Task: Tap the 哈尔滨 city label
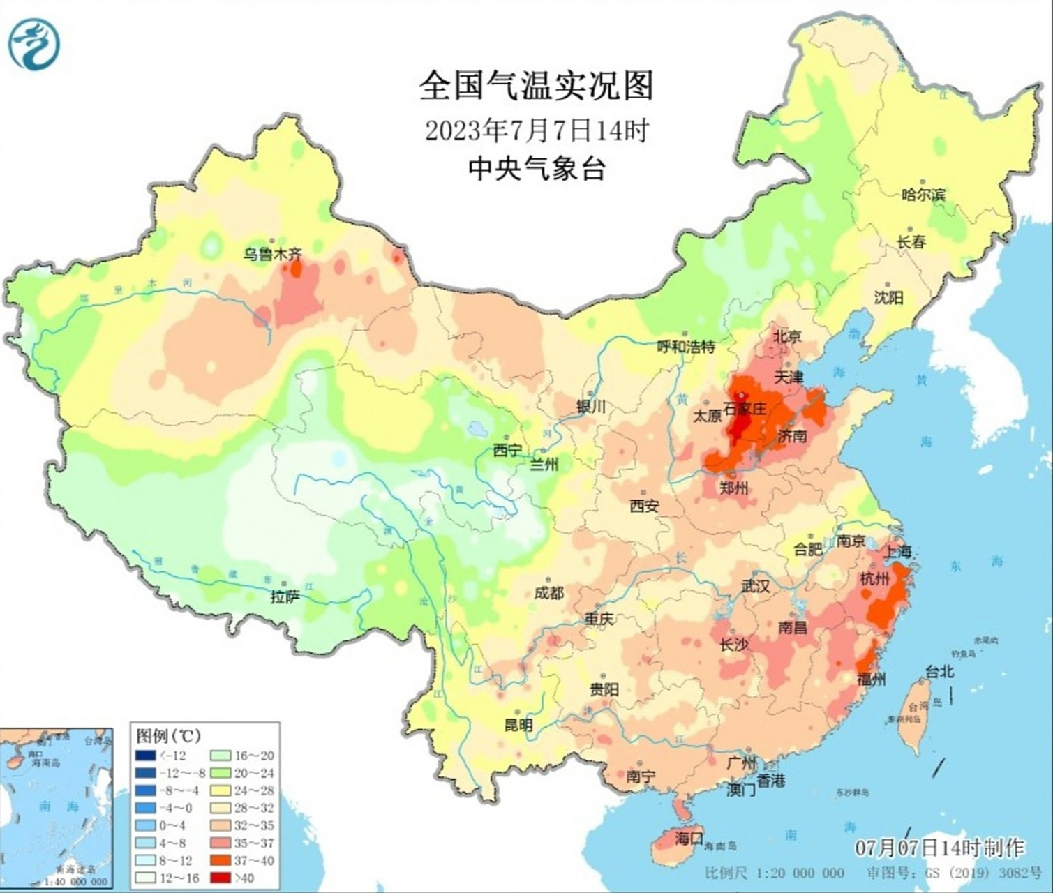tap(923, 195)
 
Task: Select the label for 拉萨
tap(285, 596)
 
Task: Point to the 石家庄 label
tap(745, 408)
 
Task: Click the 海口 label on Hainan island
tap(689, 839)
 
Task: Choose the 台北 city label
tap(939, 672)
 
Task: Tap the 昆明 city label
tap(518, 725)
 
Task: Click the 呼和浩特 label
tap(687, 346)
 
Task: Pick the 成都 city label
tap(548, 592)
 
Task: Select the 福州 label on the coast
tap(871, 678)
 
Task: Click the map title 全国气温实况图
tap(536, 86)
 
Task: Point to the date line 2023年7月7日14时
tap(537, 130)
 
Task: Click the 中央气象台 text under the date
tap(536, 168)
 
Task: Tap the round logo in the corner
tap(33, 44)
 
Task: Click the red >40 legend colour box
tap(221, 878)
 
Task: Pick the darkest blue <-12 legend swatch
tap(146, 756)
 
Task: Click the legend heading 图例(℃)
tap(168, 735)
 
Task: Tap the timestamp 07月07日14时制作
tap(939, 848)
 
